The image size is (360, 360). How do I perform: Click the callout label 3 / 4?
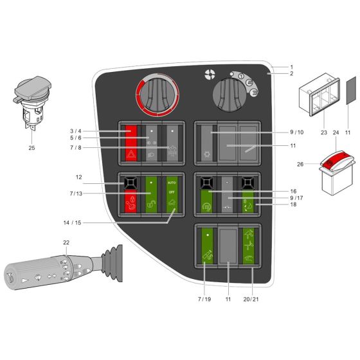pos(75,130)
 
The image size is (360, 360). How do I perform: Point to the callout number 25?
pos(32,148)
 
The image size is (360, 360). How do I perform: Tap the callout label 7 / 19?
pos(203,298)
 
